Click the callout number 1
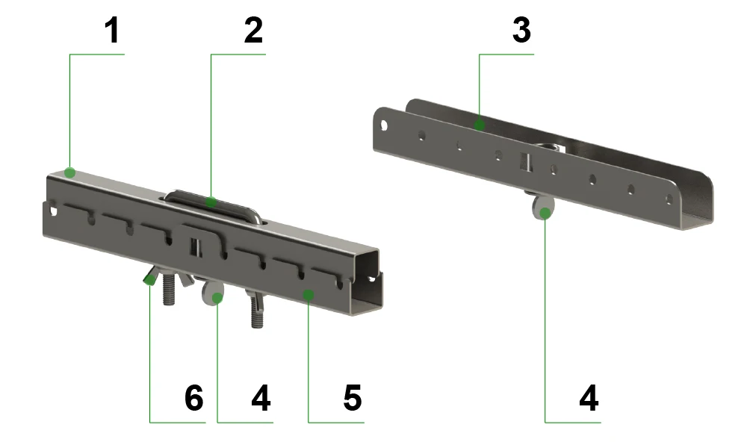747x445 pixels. (x=112, y=31)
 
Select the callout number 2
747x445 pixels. (x=253, y=31)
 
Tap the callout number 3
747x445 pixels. (x=521, y=31)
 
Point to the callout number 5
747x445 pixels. (x=353, y=398)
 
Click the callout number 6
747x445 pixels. (x=194, y=398)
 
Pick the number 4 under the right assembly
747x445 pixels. (x=589, y=398)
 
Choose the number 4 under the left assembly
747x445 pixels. (x=261, y=398)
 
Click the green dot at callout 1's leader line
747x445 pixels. (x=70, y=172)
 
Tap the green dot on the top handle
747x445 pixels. (x=211, y=202)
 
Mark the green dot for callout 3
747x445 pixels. (x=480, y=125)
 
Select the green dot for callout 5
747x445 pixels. (x=309, y=296)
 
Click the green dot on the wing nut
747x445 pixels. (x=150, y=280)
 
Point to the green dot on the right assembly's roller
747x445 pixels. (x=545, y=214)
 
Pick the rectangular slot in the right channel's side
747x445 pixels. (x=525, y=161)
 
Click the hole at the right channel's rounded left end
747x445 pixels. (x=384, y=126)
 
